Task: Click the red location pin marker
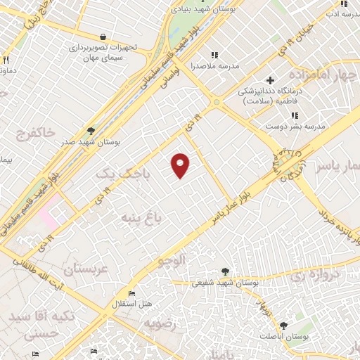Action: (181, 165)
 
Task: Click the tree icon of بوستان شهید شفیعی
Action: (224, 271)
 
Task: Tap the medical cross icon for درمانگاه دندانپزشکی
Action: (269, 80)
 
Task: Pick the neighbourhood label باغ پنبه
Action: (141, 217)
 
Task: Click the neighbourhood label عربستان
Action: (84, 268)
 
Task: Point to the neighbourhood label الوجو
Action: (172, 262)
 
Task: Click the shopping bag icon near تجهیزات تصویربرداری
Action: (103, 37)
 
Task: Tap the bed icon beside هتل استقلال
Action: (131, 293)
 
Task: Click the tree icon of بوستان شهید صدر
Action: (91, 131)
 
